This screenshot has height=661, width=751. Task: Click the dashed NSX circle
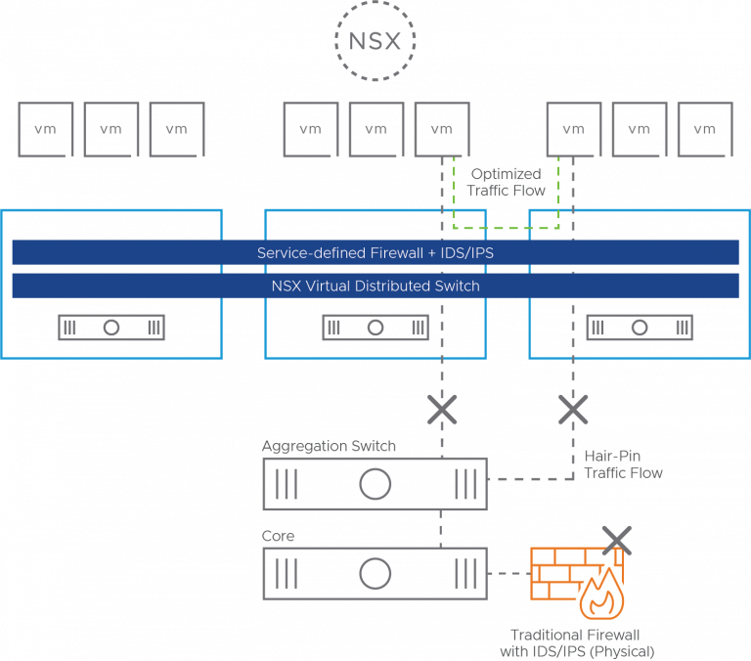pyautogui.click(x=375, y=41)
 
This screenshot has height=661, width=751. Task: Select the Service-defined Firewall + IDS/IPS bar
pyautogui.click(x=375, y=252)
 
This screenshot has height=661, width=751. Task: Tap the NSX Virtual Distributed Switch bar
pyautogui.click(x=375, y=286)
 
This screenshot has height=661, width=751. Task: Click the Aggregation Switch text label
pyautogui.click(x=329, y=447)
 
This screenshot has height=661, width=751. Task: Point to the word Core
pyautogui.click(x=278, y=537)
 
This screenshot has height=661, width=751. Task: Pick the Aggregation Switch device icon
pyautogui.click(x=375, y=483)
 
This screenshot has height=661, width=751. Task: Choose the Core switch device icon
pyautogui.click(x=375, y=573)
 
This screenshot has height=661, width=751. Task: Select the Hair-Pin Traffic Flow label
pyautogui.click(x=623, y=464)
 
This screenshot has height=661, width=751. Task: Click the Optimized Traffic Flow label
pyautogui.click(x=506, y=182)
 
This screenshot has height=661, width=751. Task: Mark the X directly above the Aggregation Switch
pyautogui.click(x=442, y=410)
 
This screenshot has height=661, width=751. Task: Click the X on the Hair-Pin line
pyautogui.click(x=572, y=410)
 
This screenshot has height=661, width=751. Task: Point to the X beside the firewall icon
pyautogui.click(x=616, y=539)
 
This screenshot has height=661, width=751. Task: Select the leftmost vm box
pyautogui.click(x=46, y=129)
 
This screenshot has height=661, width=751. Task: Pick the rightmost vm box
pyautogui.click(x=704, y=129)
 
